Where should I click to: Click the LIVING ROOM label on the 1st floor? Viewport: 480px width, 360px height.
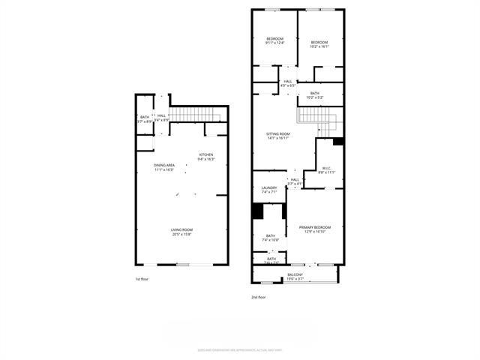click(181, 229)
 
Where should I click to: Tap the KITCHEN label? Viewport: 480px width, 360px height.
click(205, 154)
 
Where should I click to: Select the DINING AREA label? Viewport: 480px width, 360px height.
click(164, 165)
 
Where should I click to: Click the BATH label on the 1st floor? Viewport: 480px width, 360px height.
click(144, 117)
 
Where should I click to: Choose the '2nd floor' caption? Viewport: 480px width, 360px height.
click(259, 297)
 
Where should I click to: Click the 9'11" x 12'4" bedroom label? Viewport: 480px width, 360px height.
click(275, 38)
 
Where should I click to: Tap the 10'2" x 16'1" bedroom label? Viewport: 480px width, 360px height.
click(319, 42)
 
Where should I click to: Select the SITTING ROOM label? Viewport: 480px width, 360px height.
click(278, 133)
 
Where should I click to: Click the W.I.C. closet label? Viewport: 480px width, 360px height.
click(327, 168)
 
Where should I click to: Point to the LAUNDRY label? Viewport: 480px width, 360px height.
click(269, 187)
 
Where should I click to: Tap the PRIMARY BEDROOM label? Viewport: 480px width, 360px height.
click(315, 227)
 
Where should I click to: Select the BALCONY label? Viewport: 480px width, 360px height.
click(295, 275)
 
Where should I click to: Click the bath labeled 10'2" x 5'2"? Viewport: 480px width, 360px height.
click(315, 93)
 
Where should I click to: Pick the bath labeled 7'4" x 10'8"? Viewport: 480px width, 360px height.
click(270, 236)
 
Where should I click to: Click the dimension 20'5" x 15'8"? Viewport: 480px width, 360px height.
click(181, 234)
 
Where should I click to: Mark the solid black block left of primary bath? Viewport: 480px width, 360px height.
click(257, 212)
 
